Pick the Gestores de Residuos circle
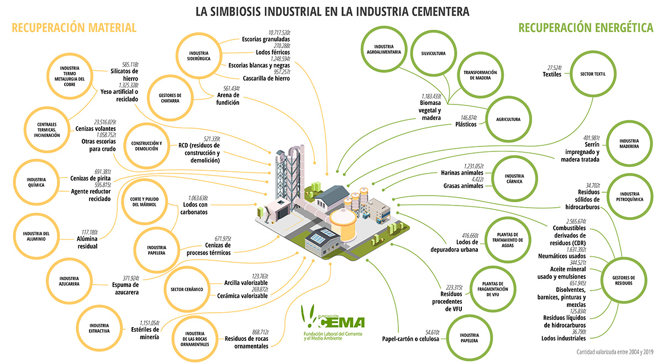point(624,281)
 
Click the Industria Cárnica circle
point(514,177)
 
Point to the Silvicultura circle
point(433,54)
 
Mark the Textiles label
point(552,74)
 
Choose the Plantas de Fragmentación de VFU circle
point(486,288)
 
